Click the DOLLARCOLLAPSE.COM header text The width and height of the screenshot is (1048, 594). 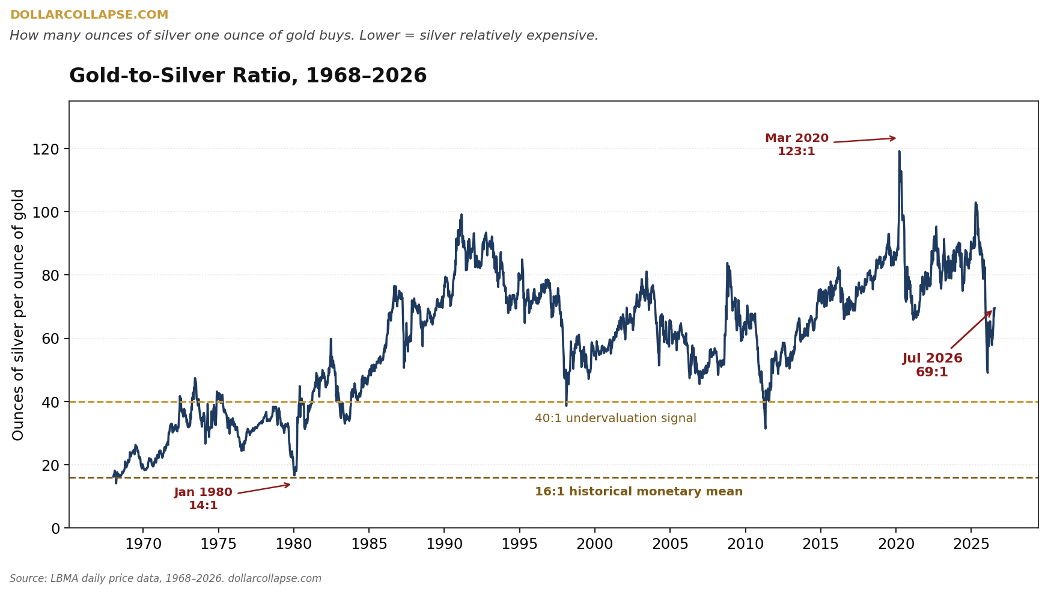[x=89, y=15]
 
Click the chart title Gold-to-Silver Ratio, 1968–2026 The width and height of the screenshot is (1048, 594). [x=248, y=76]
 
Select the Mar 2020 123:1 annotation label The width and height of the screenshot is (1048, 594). [x=797, y=145]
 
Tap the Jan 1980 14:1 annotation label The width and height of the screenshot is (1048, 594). [x=203, y=499]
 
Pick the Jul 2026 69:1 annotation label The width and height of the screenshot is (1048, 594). [x=932, y=366]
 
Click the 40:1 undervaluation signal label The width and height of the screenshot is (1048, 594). [x=615, y=418]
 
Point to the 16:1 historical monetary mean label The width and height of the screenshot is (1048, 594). [x=639, y=492]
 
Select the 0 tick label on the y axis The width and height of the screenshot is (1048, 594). [x=56, y=528]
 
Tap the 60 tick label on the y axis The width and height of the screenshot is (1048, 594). [x=51, y=338]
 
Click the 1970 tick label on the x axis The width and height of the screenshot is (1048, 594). [x=143, y=545]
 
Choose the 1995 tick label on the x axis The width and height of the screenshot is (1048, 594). [x=519, y=545]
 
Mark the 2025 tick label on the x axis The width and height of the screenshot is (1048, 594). [x=971, y=545]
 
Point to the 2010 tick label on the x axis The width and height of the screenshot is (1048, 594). [x=745, y=545]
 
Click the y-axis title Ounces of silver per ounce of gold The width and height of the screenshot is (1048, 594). [x=19, y=314]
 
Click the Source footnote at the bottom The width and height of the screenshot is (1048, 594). [x=165, y=579]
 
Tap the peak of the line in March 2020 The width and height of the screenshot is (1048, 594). [x=899, y=151]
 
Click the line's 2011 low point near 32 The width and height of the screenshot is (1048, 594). [x=765, y=428]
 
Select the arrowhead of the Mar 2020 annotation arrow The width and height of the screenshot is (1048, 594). [x=894, y=138]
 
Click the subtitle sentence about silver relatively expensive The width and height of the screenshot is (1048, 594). [x=304, y=36]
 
